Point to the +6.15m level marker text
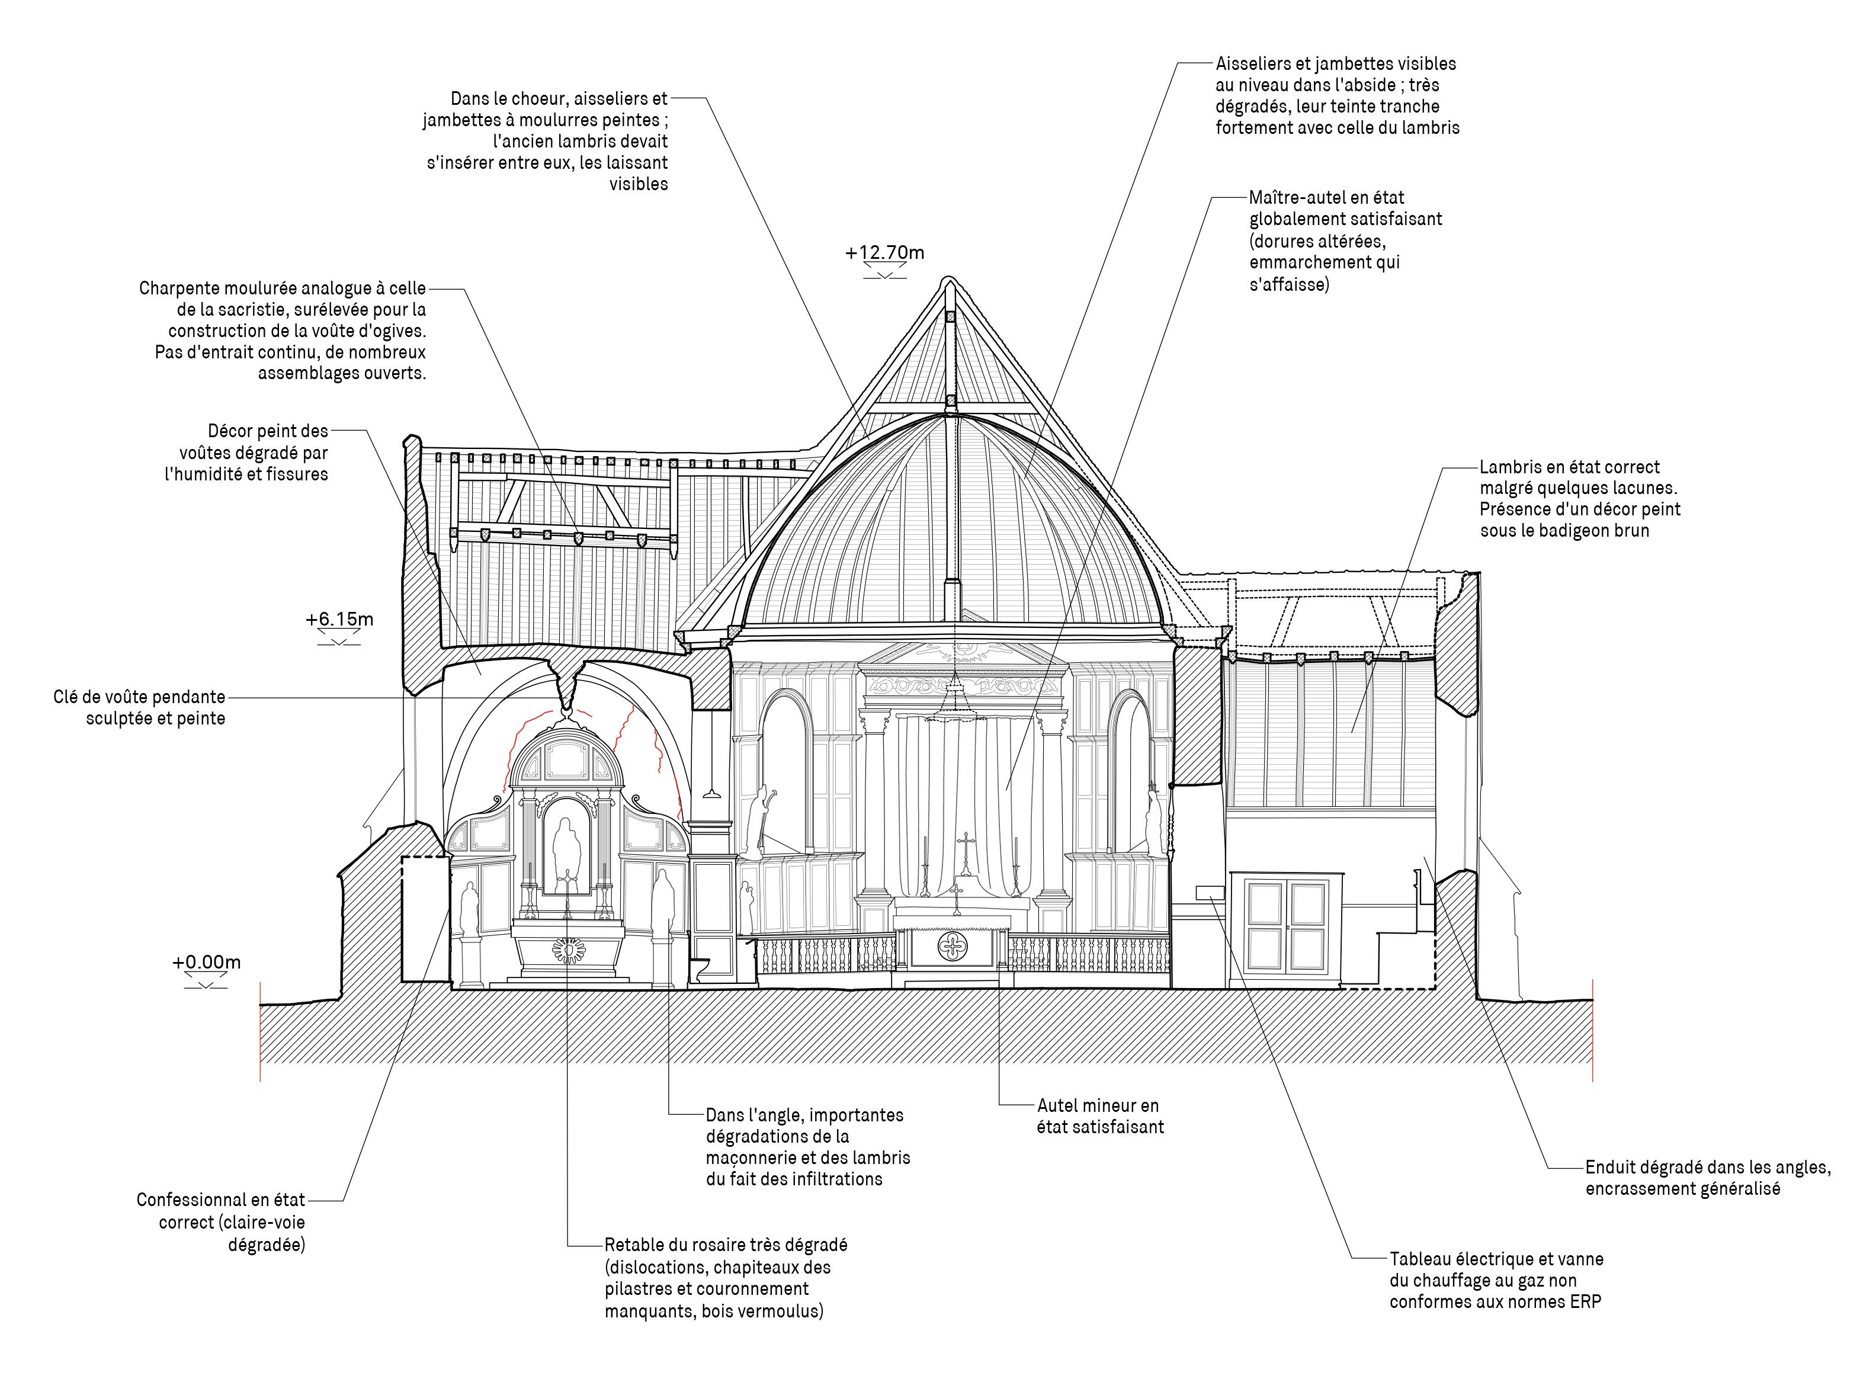(339, 620)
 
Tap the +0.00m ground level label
(207, 962)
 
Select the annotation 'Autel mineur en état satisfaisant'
(1100, 1116)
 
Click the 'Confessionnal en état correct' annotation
(221, 1222)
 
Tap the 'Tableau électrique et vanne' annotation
(1496, 1280)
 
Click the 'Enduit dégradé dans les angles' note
(1708, 1178)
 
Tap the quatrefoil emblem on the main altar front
(953, 946)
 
